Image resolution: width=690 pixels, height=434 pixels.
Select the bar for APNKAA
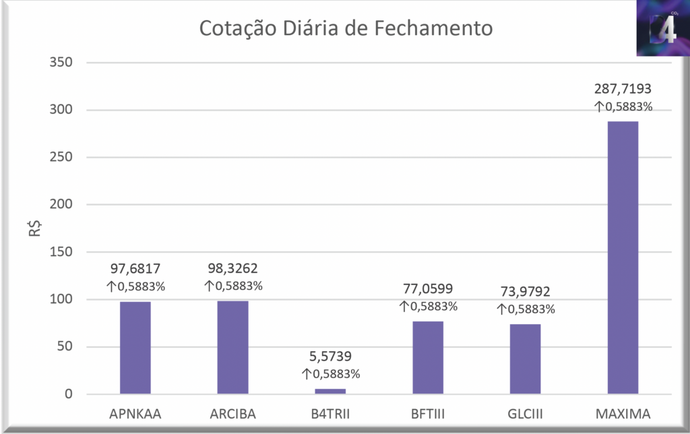point(135,348)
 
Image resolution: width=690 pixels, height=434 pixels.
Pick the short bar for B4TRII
point(330,391)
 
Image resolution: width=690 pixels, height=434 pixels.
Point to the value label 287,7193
point(623,88)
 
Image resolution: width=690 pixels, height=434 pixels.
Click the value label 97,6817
point(135,269)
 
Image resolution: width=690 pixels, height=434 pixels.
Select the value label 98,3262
point(232,268)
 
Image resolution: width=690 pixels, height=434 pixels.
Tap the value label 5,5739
point(330,356)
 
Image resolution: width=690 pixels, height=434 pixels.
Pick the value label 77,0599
point(428,289)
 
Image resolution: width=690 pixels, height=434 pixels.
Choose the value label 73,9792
point(525,292)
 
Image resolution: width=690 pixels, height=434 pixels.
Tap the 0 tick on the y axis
point(67,394)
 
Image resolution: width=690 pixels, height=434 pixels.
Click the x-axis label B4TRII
point(330,413)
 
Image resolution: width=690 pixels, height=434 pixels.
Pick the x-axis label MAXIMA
point(623,413)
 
